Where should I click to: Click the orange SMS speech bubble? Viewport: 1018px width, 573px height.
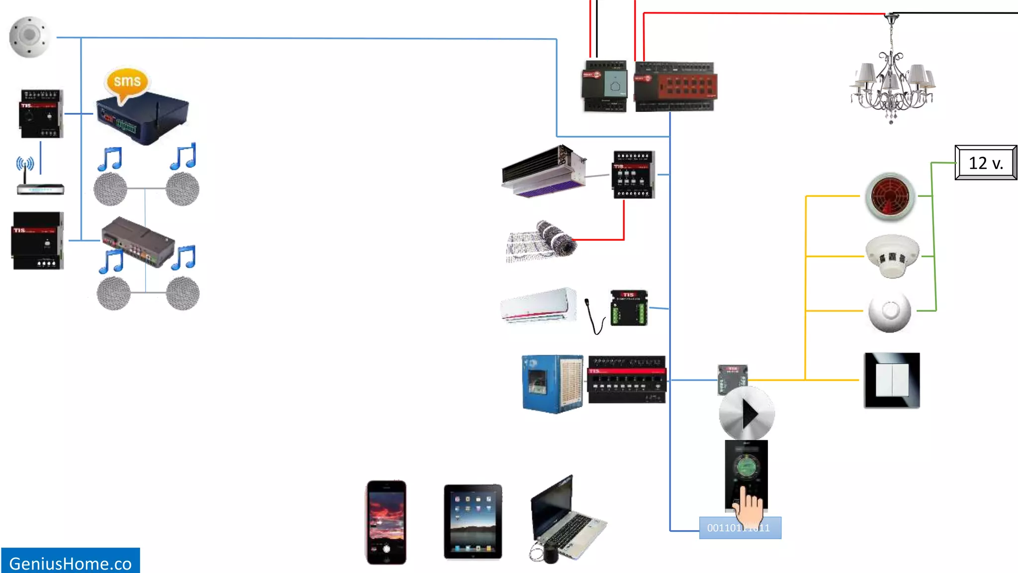pos(127,82)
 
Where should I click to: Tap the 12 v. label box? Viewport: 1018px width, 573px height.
pos(986,163)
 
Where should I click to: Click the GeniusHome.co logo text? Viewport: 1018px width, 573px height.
pos(70,563)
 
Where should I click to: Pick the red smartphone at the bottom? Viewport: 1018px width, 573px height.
pos(386,522)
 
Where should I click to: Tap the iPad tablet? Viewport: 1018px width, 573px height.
pos(473,521)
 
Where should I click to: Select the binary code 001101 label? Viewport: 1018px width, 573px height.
pos(740,528)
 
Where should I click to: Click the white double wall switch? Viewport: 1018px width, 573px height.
pos(892,381)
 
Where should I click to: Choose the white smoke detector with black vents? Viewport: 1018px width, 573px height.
pos(892,256)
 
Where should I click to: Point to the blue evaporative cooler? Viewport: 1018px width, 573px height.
pos(552,383)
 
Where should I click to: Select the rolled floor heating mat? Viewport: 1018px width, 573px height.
pos(542,241)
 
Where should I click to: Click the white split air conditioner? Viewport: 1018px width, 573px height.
pos(538,305)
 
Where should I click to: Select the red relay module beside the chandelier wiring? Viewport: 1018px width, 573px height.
pos(675,87)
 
